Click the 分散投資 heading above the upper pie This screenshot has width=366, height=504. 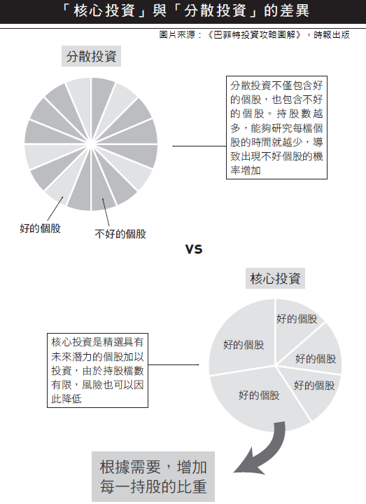coord(91,56)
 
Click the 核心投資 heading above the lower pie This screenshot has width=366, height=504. coord(275,278)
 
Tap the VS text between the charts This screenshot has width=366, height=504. coord(194,250)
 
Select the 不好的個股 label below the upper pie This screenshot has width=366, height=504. coord(120,233)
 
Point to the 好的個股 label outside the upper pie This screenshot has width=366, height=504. coord(40,229)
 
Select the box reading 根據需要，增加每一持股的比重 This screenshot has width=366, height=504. coord(153,477)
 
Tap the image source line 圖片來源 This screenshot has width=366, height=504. coord(254,35)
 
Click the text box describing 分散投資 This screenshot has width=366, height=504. coord(276,128)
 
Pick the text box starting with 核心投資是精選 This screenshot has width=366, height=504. coord(97,370)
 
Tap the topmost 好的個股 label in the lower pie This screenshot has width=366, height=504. coord(297,319)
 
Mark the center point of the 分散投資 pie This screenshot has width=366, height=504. coord(91,144)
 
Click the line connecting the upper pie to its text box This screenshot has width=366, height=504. coord(199,146)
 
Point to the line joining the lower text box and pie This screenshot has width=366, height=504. coord(174,365)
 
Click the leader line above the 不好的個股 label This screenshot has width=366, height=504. coord(106,212)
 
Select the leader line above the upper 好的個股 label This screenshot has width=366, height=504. coord(55,209)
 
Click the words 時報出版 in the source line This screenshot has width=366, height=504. coord(332,35)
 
